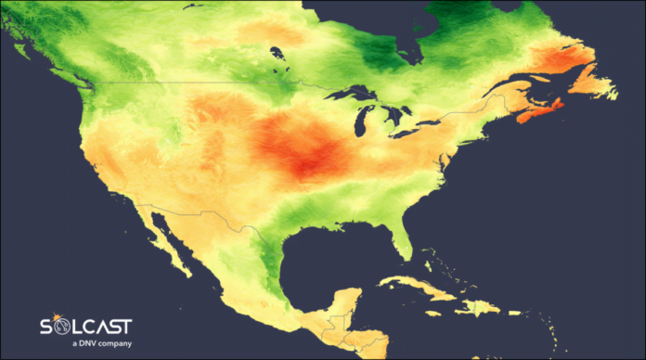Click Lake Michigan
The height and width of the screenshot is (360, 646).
tap(363, 121)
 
